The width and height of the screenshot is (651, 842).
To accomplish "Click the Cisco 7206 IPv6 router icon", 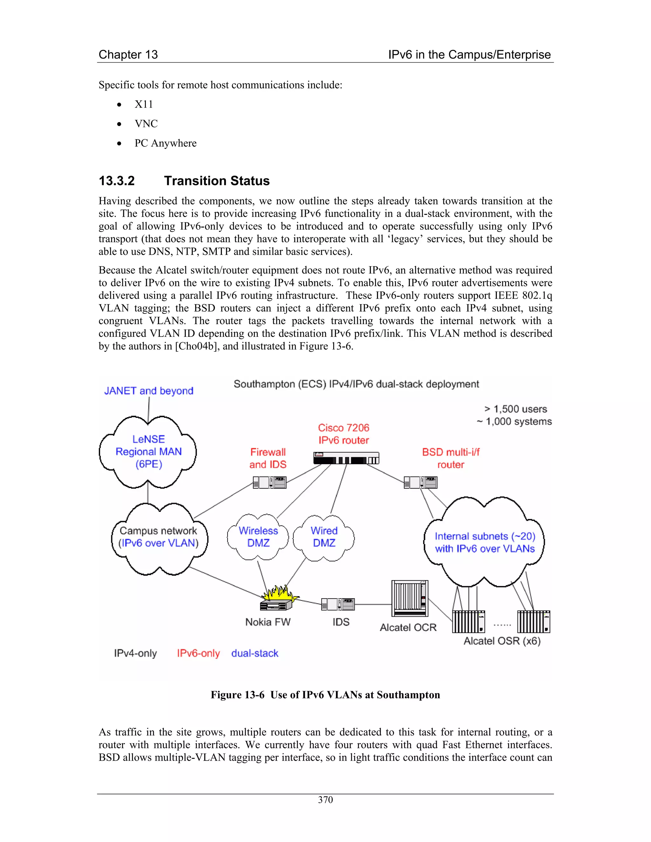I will point(346,458).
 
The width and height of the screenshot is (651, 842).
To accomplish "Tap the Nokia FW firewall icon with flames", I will point(277,600).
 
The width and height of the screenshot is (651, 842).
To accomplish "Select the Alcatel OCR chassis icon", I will point(409,599).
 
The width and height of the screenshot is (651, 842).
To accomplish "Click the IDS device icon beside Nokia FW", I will point(338,604).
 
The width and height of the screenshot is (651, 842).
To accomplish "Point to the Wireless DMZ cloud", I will point(258,537).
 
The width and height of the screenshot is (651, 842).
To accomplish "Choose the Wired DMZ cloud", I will point(324,537).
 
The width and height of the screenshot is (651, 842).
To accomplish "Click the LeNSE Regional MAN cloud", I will point(148,452).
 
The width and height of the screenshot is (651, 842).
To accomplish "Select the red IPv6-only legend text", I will point(198,653).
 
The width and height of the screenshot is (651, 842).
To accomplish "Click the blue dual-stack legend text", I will point(255,653).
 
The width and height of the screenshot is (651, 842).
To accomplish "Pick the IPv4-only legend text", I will point(135,653).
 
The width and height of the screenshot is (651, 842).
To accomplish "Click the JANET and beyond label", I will point(148,390).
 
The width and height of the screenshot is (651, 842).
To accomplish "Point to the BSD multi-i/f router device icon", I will point(420,482).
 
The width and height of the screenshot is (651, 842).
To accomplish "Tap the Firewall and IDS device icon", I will point(270,482).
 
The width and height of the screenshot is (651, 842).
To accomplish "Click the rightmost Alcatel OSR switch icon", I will point(533,621).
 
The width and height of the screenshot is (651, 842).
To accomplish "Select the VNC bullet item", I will point(146,124).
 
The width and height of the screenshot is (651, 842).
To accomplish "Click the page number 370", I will point(325,800).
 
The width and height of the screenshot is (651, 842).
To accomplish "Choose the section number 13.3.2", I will point(117,181).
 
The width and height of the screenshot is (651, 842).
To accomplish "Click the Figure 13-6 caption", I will point(325,695).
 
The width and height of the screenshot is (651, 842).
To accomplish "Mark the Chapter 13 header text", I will point(128,54).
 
